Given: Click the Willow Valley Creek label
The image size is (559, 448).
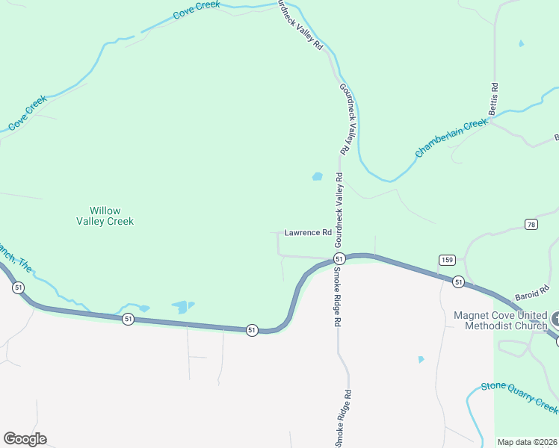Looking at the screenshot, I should click(x=105, y=216).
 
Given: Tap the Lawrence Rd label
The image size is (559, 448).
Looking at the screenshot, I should click(x=307, y=233).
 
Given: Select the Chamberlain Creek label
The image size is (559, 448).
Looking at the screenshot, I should click(x=451, y=138).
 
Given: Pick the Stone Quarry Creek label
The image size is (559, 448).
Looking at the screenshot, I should click(x=519, y=394).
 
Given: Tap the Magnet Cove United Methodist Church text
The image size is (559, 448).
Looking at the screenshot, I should click(x=501, y=320).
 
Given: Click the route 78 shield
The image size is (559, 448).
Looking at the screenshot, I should click(x=531, y=224).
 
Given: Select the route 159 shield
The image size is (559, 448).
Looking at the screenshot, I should click(x=447, y=259).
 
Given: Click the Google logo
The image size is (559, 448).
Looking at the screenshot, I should click(x=25, y=439).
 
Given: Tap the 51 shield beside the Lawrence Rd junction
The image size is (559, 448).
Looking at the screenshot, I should click(x=339, y=258).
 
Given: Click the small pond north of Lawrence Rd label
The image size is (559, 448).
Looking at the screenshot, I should click(x=317, y=177).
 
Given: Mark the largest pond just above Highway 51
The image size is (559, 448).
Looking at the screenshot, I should click(x=181, y=306).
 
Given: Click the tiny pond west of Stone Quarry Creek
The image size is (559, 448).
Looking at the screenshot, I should click(x=421, y=359).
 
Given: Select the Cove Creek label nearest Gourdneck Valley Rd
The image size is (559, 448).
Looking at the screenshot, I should click(x=197, y=10).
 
